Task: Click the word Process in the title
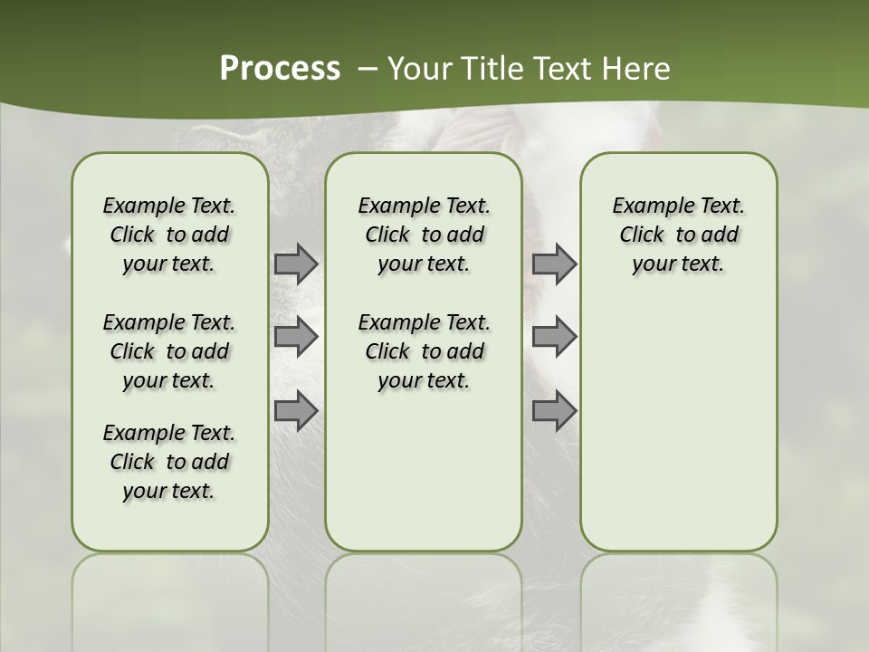(x=280, y=69)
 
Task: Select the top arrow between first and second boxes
(x=296, y=264)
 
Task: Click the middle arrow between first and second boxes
(x=296, y=337)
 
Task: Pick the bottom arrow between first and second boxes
(x=296, y=411)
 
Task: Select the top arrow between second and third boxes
(x=554, y=264)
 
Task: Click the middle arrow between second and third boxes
(x=554, y=337)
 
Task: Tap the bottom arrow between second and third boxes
(x=554, y=411)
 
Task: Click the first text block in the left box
(x=169, y=235)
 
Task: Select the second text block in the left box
(x=169, y=351)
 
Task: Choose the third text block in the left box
(x=169, y=462)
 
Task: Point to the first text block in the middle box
(x=424, y=235)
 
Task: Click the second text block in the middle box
(x=424, y=351)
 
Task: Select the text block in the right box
(x=678, y=235)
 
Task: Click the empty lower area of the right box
(x=678, y=426)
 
